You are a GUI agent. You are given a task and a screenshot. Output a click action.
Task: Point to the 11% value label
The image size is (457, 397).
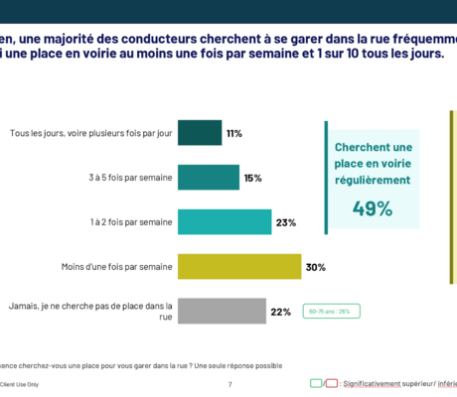(234, 133)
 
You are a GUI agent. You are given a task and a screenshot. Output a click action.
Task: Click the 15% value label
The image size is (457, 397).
(252, 178)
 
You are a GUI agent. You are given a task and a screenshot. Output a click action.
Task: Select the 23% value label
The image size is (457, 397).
(286, 222)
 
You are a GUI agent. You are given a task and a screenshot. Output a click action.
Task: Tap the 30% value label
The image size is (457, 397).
(316, 267)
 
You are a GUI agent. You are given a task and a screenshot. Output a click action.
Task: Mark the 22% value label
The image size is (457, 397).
(280, 312)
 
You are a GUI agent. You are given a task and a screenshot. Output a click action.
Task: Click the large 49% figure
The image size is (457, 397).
(373, 207)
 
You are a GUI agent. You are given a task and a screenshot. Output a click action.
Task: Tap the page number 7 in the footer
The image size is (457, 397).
(229, 383)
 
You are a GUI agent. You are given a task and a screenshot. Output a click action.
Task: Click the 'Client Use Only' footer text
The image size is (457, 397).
(20, 383)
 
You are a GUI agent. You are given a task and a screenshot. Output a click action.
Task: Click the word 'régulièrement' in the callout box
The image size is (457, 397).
(373, 180)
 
